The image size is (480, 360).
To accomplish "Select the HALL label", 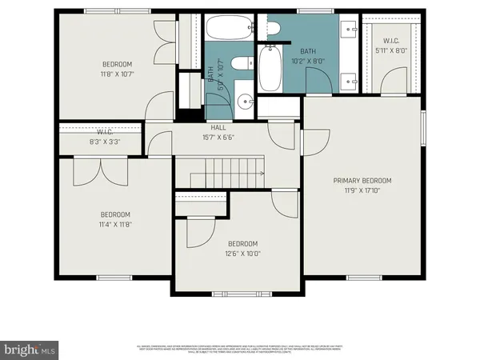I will [218, 127].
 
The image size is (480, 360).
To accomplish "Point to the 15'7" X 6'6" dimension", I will [218, 137].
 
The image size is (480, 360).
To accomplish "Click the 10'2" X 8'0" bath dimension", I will [308, 59].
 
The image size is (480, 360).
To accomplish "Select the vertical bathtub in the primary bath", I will [269, 69].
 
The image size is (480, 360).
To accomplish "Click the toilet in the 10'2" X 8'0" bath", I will [273, 30].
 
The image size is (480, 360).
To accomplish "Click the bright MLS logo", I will [30, 349].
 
